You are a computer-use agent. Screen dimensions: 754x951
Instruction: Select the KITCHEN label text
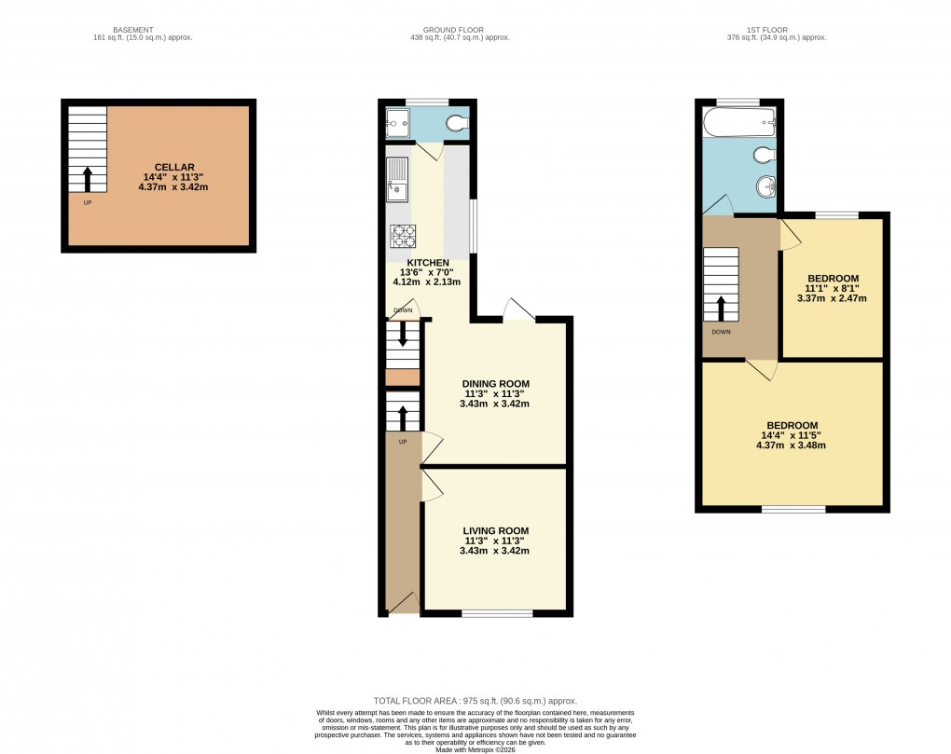426,263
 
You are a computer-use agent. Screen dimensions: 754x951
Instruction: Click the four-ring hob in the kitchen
403,237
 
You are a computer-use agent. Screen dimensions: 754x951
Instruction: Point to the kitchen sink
397,180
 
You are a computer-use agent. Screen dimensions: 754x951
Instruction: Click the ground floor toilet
458,122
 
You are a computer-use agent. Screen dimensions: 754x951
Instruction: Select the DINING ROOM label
496,383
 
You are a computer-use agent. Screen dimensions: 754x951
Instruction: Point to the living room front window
498,613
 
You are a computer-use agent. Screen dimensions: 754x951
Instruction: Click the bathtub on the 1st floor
740,121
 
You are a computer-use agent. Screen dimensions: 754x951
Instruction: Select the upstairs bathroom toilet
764,154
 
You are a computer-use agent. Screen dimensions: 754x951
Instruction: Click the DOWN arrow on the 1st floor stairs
721,307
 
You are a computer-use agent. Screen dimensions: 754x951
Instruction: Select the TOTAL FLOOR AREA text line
475,701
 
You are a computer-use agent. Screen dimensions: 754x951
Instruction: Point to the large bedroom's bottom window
793,510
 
